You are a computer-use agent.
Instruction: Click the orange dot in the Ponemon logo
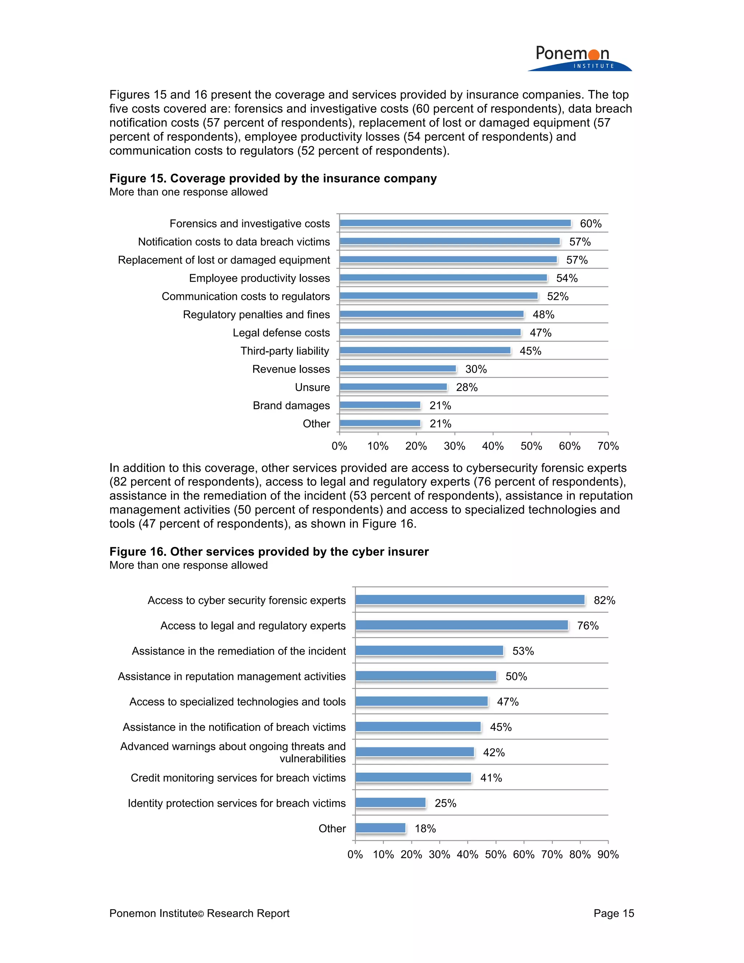594,55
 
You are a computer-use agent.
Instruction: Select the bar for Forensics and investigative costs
455,223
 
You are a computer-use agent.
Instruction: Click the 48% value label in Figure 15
543,314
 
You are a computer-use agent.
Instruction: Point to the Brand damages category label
291,405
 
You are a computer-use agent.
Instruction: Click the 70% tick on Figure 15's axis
608,446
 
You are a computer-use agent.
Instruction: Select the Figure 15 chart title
273,178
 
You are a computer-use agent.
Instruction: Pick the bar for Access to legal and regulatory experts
461,625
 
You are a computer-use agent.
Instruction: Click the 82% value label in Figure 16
604,600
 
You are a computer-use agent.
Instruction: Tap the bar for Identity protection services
391,802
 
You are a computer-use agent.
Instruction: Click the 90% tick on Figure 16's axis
608,855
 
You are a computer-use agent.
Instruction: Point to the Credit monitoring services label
238,778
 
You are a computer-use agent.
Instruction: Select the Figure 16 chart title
269,552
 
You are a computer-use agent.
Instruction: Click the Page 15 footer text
614,913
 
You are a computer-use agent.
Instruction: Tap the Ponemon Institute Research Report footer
199,913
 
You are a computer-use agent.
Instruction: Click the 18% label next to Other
425,829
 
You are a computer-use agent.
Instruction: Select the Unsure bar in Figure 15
393,387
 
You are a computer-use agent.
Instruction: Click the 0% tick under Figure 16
355,855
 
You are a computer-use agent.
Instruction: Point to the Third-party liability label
285,351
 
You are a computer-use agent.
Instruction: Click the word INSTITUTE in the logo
594,66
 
